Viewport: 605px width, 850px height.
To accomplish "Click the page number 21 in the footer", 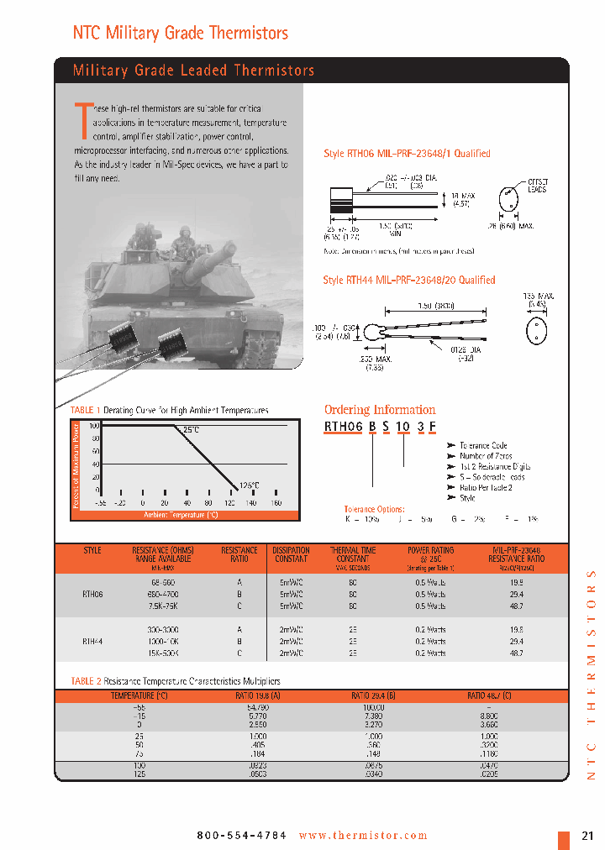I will (587, 836).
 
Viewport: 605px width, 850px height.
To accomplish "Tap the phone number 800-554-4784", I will (241, 836).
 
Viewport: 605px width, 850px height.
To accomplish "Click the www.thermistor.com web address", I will (363, 836).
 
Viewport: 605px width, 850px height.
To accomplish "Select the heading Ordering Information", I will (380, 410).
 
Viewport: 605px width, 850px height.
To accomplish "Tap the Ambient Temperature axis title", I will (180, 514).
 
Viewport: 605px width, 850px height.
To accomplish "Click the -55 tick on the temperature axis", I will (101, 502).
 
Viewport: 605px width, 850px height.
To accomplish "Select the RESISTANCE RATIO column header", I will (239, 554).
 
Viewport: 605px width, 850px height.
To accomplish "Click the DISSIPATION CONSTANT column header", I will (292, 554).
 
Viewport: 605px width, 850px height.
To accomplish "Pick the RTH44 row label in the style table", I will (92, 640).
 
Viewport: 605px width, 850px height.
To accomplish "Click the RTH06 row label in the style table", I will (92, 593).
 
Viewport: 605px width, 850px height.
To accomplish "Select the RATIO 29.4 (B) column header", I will (372, 695).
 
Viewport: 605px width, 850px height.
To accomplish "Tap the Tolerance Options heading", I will (374, 509).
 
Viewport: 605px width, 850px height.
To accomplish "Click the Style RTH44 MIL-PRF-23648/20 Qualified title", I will (409, 280).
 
